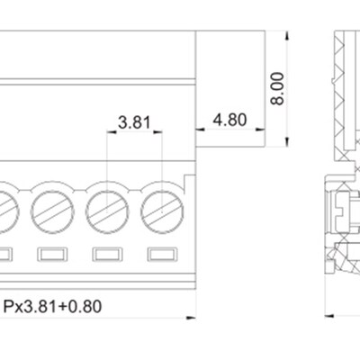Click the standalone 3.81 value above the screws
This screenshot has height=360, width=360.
point(134,122)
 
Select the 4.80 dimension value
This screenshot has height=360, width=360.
point(229,120)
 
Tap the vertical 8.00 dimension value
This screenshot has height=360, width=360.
point(277,88)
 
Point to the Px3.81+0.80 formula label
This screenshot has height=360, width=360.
point(52,306)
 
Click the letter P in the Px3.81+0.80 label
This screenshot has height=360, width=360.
point(8,306)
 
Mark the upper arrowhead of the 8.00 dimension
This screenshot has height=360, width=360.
point(287,35)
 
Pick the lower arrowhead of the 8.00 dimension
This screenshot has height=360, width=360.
point(287,142)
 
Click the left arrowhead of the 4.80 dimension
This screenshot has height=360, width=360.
point(200,130)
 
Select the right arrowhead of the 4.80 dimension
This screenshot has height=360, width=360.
point(260,130)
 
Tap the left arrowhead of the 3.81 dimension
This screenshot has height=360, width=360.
point(112,131)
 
